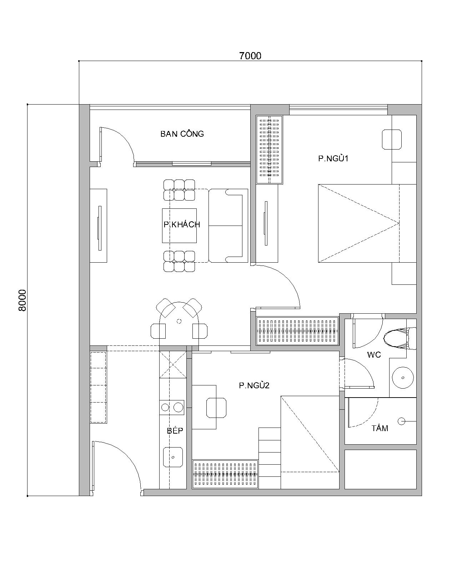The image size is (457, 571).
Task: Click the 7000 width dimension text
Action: (x=250, y=56)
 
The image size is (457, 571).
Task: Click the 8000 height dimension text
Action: (x=22, y=300)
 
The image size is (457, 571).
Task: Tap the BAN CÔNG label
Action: (x=182, y=133)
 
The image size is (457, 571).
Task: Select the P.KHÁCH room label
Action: (x=182, y=224)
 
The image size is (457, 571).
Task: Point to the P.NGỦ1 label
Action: (x=333, y=158)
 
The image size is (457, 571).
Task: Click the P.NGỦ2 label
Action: (x=254, y=385)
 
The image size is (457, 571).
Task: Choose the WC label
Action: (x=374, y=354)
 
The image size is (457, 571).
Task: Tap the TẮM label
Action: (x=380, y=428)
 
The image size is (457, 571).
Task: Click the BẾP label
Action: (x=175, y=430)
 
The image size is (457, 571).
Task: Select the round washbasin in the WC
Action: (x=403, y=378)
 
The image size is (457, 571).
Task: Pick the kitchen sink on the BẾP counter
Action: (x=173, y=457)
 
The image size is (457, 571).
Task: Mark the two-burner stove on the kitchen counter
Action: (x=172, y=407)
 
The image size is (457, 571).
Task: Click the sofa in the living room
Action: (x=228, y=226)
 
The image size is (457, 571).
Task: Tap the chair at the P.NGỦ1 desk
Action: (x=392, y=139)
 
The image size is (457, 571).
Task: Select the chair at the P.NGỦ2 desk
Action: (x=216, y=408)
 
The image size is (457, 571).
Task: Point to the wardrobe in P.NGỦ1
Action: (x=269, y=150)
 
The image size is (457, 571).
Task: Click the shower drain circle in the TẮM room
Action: (x=401, y=421)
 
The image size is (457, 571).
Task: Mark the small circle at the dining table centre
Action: (x=179, y=321)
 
